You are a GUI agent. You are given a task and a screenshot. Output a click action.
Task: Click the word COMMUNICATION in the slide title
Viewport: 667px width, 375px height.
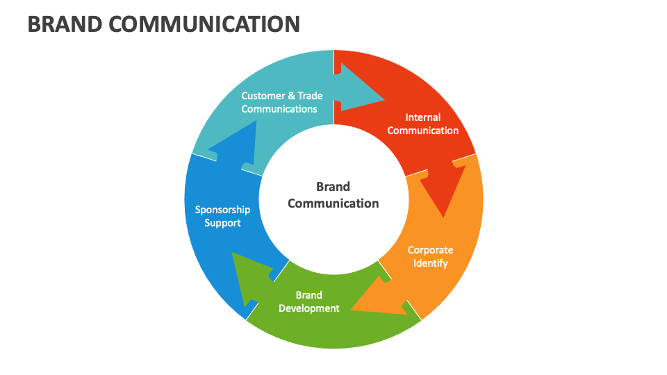point(205,24)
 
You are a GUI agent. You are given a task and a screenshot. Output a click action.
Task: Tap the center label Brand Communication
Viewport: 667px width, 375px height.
point(333,195)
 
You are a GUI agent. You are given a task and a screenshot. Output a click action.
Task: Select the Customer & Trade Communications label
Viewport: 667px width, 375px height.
point(281,102)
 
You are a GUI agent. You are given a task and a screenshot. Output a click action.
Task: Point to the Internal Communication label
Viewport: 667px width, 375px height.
point(422,124)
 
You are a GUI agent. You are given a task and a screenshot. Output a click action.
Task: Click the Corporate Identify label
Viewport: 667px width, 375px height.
point(430,256)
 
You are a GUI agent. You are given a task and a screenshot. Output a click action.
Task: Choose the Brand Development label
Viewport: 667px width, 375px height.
point(309,301)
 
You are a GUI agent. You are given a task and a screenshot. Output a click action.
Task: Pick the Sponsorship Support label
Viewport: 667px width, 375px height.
point(222,216)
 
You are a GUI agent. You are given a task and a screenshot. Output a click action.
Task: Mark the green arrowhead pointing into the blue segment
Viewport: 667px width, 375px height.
point(243,278)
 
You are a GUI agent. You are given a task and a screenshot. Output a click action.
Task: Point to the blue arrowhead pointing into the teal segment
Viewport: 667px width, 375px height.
point(229,142)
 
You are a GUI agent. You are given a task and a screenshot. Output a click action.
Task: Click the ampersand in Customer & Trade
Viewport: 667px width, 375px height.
point(291,96)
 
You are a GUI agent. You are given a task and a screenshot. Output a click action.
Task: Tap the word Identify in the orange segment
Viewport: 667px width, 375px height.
point(431,263)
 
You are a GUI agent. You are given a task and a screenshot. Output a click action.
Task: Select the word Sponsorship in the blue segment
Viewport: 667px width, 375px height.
point(222,210)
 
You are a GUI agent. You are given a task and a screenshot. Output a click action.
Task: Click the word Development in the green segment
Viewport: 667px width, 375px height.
point(309,308)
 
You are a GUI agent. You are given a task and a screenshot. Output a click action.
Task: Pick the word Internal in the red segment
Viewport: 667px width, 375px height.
point(423,117)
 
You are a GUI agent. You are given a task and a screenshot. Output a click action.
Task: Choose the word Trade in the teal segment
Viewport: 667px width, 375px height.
point(310,96)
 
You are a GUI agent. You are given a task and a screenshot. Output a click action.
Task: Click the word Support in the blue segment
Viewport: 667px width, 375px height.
point(222,223)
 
